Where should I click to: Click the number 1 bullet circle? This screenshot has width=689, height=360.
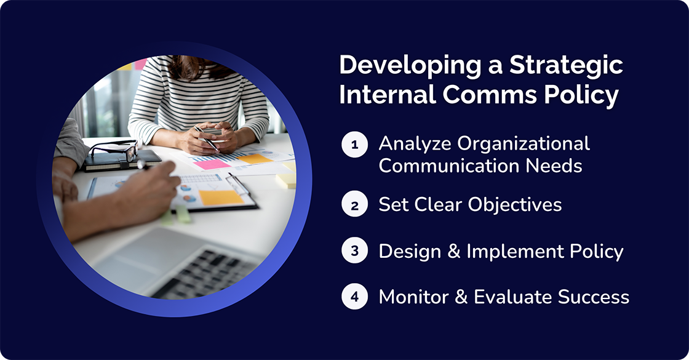[354, 146]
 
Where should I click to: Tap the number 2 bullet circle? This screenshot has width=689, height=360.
[354, 206]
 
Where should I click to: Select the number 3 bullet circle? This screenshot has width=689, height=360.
[354, 252]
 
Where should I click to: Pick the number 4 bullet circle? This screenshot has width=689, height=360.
[354, 297]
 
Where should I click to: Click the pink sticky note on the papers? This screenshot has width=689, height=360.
[212, 164]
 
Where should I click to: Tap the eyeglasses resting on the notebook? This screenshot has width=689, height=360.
[114, 151]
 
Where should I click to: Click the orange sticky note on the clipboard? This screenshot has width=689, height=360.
[221, 198]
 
